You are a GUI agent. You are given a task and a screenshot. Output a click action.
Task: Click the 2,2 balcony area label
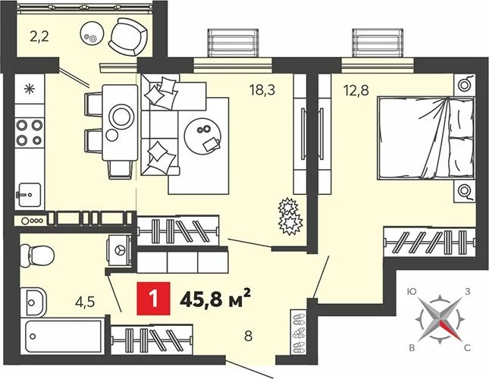tap(39, 37)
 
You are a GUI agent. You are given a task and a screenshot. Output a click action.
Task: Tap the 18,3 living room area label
tap(262, 90)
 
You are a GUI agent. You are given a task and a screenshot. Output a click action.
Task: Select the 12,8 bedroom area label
tap(356, 90)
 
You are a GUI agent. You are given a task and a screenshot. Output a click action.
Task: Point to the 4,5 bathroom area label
tap(85, 302)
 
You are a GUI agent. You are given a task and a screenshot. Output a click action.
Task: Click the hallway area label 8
tap(248, 337)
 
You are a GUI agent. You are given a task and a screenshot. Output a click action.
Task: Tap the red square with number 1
tap(153, 299)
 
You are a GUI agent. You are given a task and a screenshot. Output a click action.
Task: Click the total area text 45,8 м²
tap(215, 299)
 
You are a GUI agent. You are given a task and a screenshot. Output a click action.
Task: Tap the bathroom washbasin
tap(33, 302)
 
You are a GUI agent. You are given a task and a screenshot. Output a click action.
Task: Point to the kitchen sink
tap(29, 195)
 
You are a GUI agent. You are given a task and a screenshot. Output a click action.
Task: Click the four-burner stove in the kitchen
tap(30, 133)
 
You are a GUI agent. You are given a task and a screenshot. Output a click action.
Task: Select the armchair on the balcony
tap(128, 37)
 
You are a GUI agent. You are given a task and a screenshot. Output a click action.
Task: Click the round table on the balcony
tap(91, 33)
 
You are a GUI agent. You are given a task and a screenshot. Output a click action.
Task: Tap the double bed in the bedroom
tap(426, 138)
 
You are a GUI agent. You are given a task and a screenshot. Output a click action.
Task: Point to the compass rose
tap(440, 320)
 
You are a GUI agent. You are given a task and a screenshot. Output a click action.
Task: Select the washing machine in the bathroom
tap(119, 250)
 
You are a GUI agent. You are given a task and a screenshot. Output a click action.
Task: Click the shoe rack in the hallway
tap(299, 332)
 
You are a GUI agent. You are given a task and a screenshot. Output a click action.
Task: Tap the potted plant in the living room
tap(290, 216)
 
